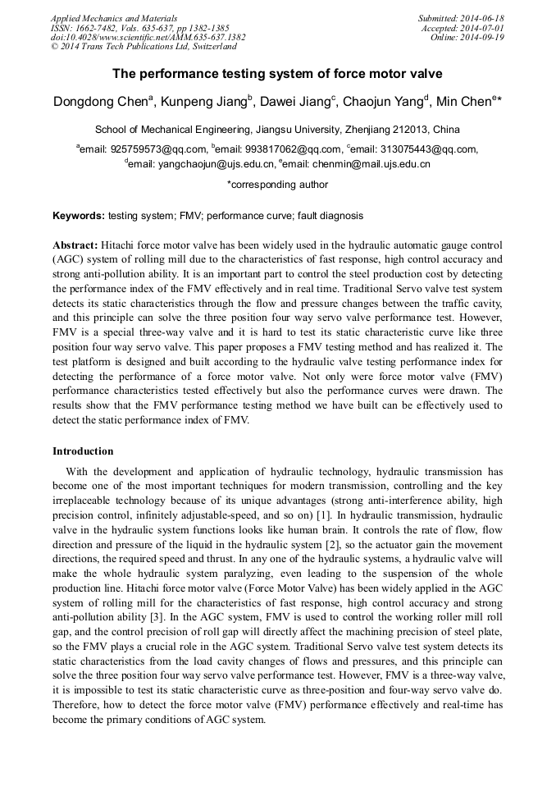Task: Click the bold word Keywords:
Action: pos(79,217)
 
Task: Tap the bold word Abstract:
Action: pos(75,245)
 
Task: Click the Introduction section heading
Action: pos(83,451)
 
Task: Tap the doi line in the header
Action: pos(148,38)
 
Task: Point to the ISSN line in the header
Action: pos(139,28)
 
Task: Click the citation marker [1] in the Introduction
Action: pos(324,515)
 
